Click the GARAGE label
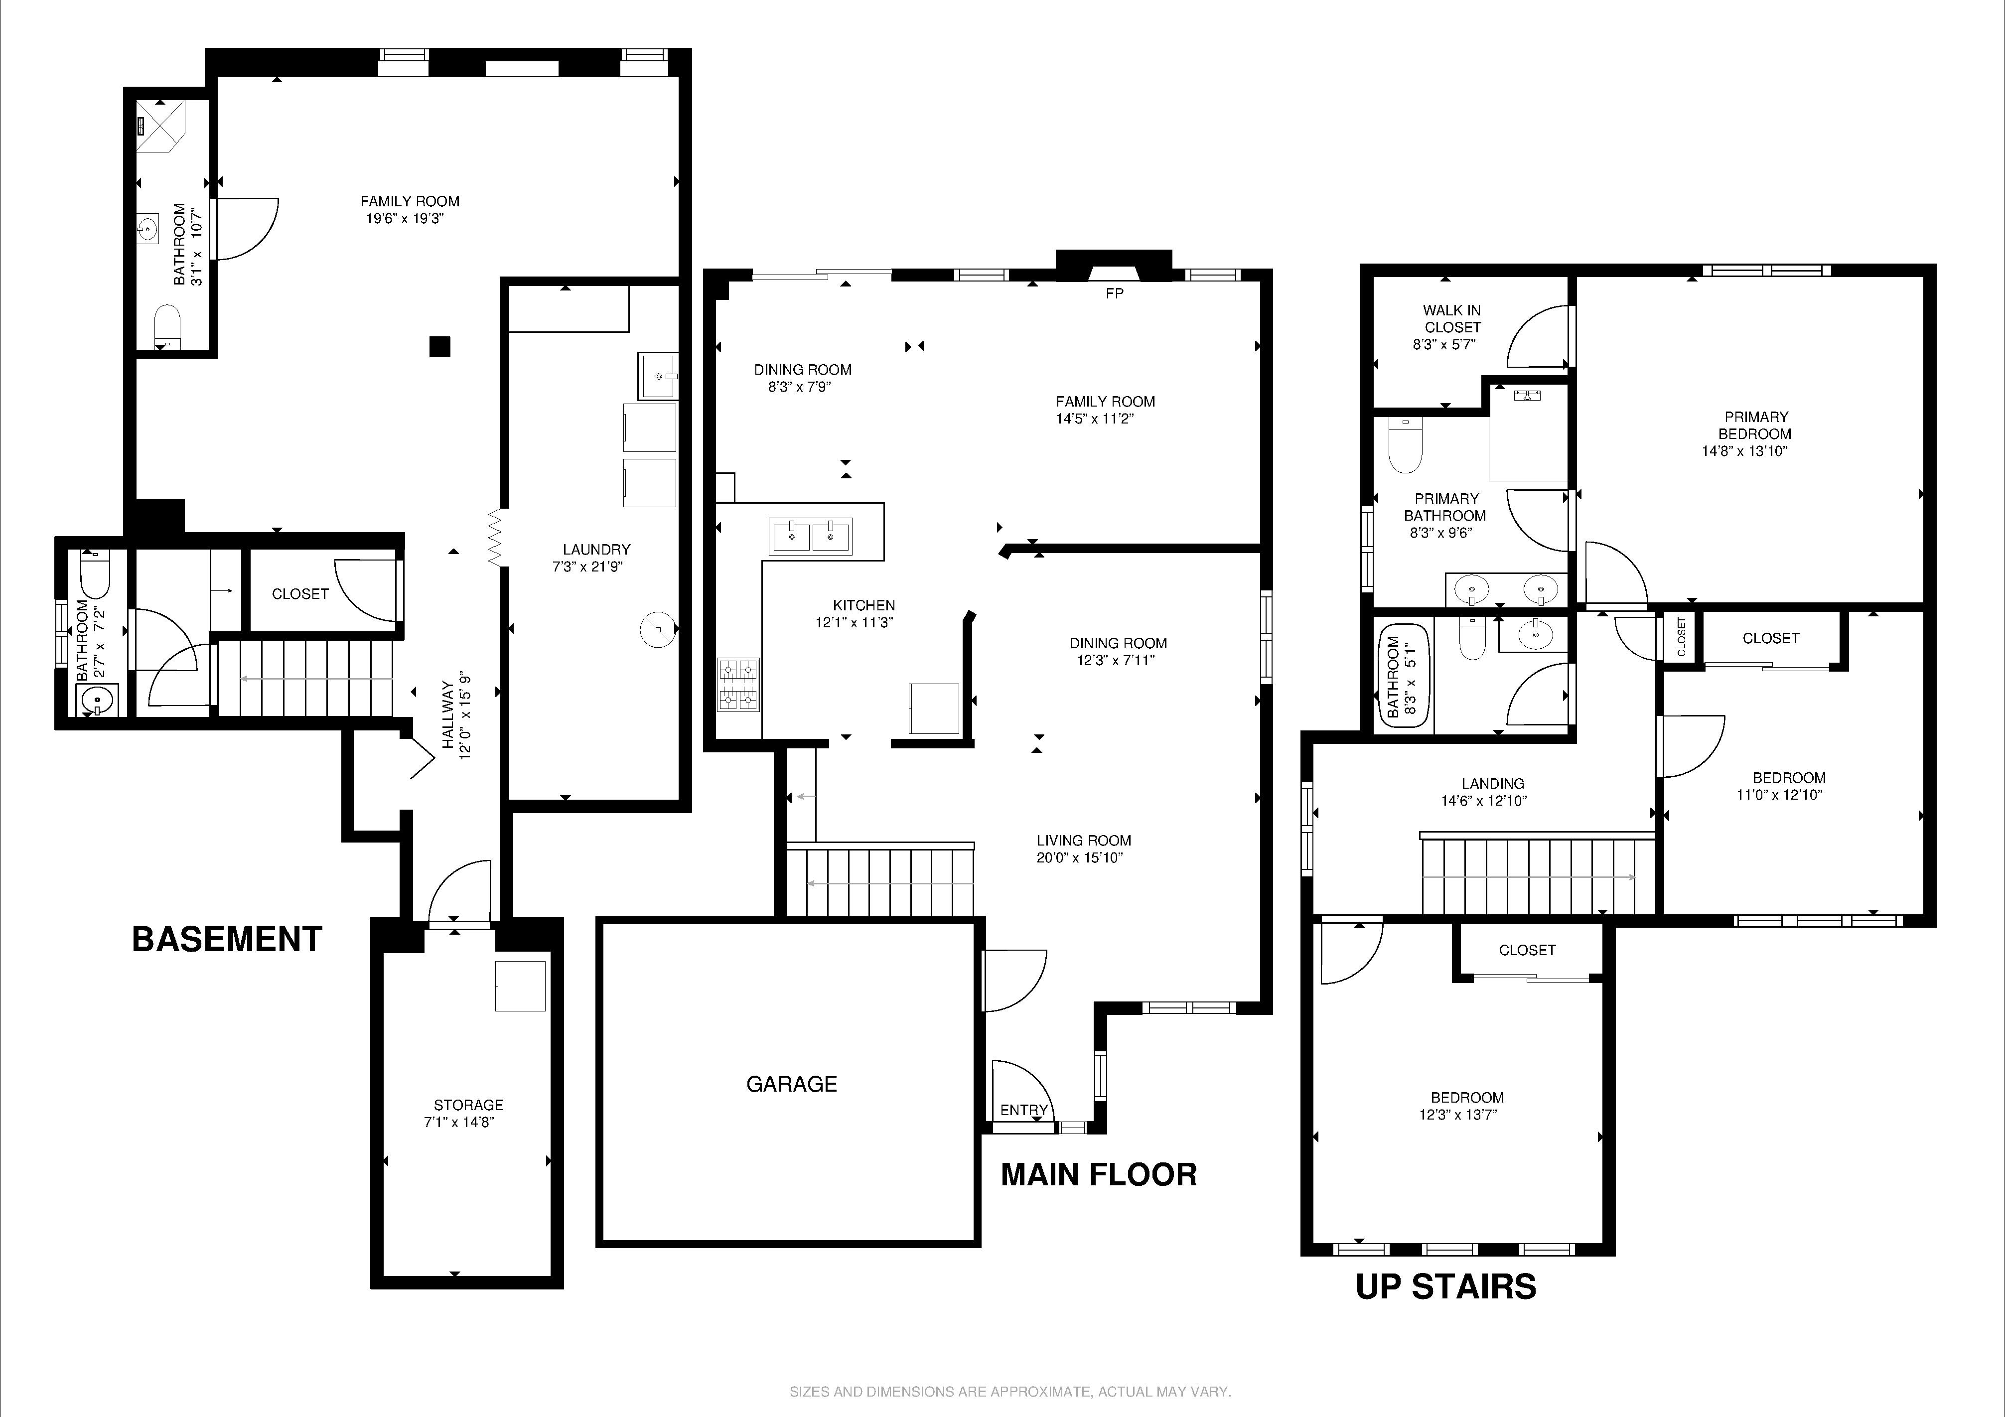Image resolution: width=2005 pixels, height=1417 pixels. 791,1084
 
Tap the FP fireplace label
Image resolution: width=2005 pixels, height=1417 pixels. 1114,293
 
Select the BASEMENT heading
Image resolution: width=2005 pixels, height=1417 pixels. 227,939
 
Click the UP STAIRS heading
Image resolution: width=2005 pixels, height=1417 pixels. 1445,1287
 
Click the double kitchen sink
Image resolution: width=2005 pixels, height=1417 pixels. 810,536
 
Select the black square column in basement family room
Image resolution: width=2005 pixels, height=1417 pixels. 439,347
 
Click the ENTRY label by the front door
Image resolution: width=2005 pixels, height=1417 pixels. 1023,1110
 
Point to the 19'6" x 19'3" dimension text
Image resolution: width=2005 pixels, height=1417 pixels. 405,218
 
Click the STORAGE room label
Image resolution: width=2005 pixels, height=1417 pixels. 468,1105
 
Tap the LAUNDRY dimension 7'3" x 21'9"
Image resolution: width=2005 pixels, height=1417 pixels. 587,567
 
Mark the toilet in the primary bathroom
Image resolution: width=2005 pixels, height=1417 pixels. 1405,446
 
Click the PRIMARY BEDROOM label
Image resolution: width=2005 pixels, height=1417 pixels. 1755,425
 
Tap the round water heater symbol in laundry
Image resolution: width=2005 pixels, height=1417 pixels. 658,629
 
